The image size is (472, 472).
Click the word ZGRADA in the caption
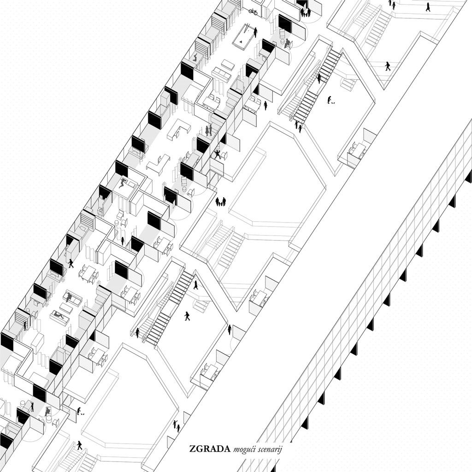[210, 449]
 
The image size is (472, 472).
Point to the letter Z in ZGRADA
[192, 449]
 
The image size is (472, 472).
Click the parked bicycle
[253, 12]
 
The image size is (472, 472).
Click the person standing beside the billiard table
[255, 33]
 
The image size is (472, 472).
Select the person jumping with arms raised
[218, 154]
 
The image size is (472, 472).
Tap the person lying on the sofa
[59, 316]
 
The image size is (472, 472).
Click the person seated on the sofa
[69, 298]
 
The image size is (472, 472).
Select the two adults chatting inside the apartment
[209, 130]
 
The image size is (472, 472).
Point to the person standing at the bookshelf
[25, 326]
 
